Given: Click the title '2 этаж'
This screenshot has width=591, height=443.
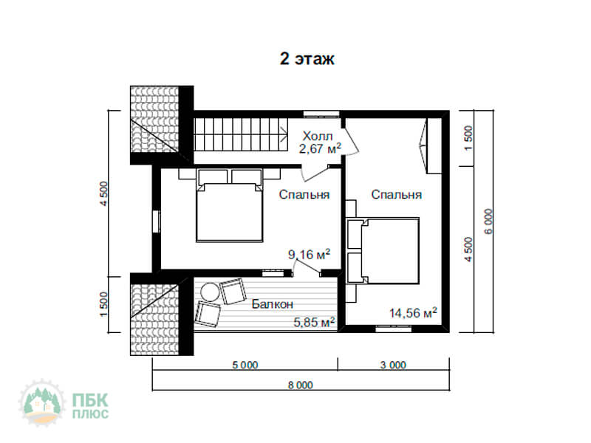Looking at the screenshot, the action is (307, 59).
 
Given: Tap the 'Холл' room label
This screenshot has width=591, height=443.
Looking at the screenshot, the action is (318, 136).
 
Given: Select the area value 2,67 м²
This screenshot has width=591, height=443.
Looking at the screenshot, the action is (321, 148).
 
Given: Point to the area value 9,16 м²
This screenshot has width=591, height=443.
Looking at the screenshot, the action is (309, 254).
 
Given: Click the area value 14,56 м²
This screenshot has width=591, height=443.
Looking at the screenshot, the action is (413, 312).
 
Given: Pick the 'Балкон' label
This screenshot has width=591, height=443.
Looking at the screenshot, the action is (272, 303).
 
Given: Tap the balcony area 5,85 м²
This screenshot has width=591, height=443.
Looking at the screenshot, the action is (315, 322).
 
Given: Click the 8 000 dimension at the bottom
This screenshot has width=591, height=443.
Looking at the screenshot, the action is (301, 385).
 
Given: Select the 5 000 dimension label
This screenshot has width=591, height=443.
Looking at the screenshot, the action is (245, 365).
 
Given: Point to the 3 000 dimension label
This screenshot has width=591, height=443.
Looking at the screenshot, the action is (394, 365).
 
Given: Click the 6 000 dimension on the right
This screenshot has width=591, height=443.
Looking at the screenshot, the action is (488, 221).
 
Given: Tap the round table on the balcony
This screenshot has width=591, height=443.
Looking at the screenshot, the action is (210, 292).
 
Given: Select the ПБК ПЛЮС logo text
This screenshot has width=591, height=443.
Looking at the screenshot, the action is (90, 405).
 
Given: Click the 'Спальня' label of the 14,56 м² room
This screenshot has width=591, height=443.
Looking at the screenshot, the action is (396, 194).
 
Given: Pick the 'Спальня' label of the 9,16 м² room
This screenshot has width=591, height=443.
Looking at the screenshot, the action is (304, 194).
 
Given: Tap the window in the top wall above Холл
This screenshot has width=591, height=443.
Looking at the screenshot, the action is (321, 114).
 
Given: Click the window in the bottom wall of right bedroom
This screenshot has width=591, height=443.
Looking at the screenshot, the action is (394, 329).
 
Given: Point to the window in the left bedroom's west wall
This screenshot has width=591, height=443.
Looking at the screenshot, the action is (156, 221).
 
